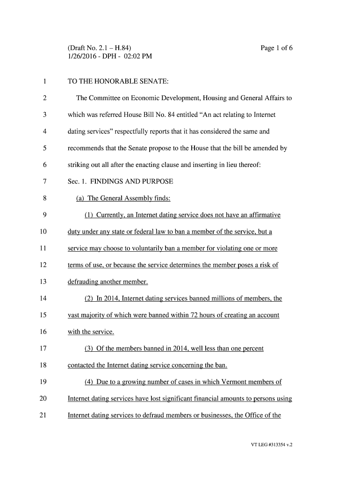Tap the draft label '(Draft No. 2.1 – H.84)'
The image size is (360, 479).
coord(99,48)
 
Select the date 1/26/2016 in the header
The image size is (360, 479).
coord(83,57)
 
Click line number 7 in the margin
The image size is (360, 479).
coord(44,181)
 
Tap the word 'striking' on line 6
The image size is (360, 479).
coord(79,165)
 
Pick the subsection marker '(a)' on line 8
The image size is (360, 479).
coord(80,198)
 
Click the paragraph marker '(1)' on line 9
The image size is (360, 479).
coord(89,215)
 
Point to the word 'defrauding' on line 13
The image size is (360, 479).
coord(83,282)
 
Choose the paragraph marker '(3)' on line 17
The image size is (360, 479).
coord(89,348)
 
